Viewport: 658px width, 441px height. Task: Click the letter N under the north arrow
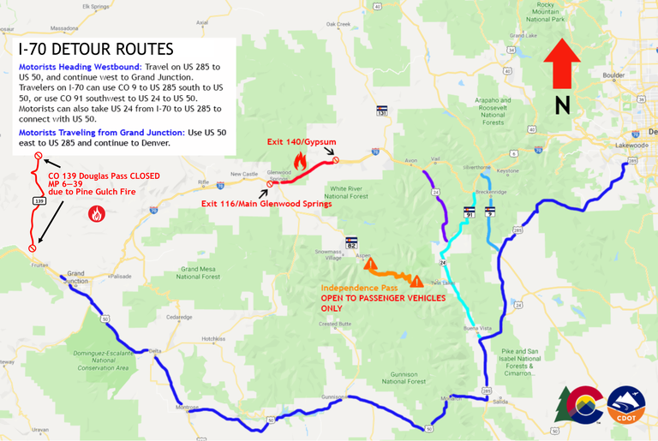click(x=562, y=105)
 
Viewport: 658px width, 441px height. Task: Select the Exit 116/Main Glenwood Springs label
click(x=266, y=203)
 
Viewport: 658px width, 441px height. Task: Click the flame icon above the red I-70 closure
click(x=300, y=159)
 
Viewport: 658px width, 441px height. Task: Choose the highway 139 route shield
click(x=39, y=201)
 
